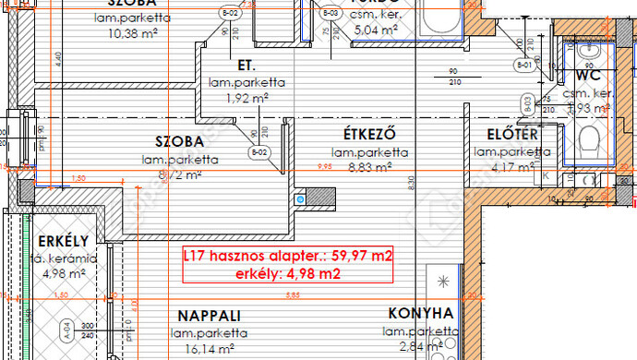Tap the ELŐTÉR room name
pyautogui.click(x=506, y=135)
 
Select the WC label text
pyautogui.click(x=588, y=75)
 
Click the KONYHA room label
pyautogui.click(x=420, y=313)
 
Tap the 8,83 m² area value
pyautogui.click(x=370, y=168)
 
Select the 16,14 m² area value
pyautogui.click(x=209, y=349)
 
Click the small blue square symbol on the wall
pyautogui.click(x=299, y=198)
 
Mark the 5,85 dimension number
pyautogui.click(x=293, y=295)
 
